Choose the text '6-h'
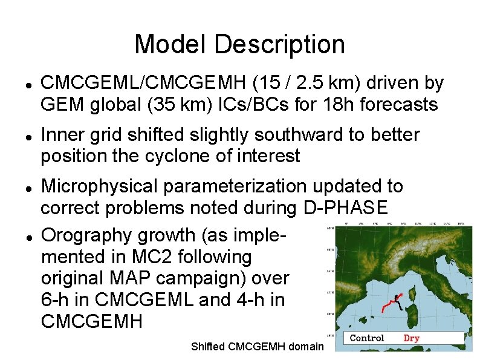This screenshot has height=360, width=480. point(56,299)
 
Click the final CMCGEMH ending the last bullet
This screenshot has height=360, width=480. point(92,321)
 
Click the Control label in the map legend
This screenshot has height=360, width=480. point(367,338)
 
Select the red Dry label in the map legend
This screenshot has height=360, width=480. point(411,338)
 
